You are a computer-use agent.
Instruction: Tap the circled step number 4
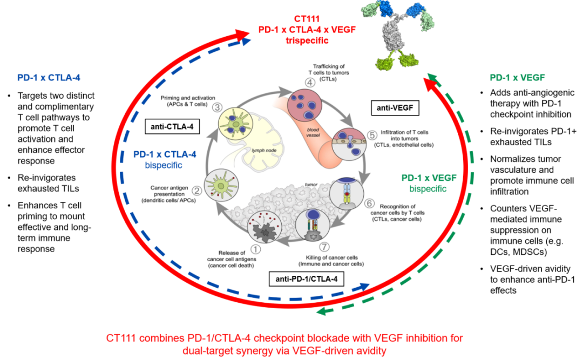(309, 83)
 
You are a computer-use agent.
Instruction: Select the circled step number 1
(255, 249)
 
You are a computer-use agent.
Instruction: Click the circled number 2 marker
(197, 190)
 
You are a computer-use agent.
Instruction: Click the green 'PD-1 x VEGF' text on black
(517, 77)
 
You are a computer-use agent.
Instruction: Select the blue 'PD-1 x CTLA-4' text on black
(49, 77)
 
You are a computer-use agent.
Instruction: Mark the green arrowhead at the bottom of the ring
(321, 311)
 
